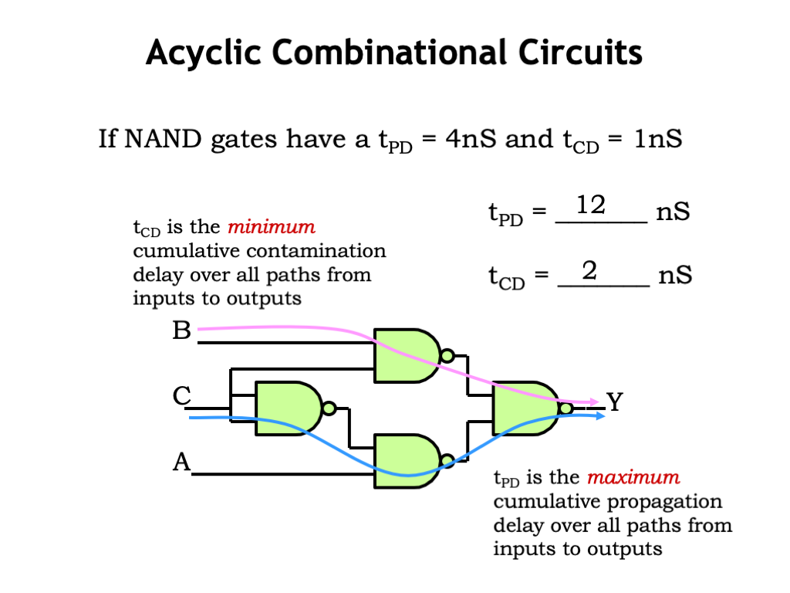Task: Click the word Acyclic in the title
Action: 203,53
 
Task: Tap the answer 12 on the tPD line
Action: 590,205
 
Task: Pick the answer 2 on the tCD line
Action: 589,270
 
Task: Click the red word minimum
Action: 272,227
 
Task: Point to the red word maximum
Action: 633,477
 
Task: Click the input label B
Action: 181,330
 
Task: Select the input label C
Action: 182,396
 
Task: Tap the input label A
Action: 182,462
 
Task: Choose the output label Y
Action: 615,402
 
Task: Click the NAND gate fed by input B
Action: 407,355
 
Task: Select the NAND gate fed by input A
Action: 407,461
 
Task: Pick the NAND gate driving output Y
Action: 526,408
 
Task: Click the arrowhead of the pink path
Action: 594,402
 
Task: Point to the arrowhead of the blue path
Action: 600,416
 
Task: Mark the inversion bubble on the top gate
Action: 447,356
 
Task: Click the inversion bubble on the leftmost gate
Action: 329,408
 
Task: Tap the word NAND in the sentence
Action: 163,139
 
